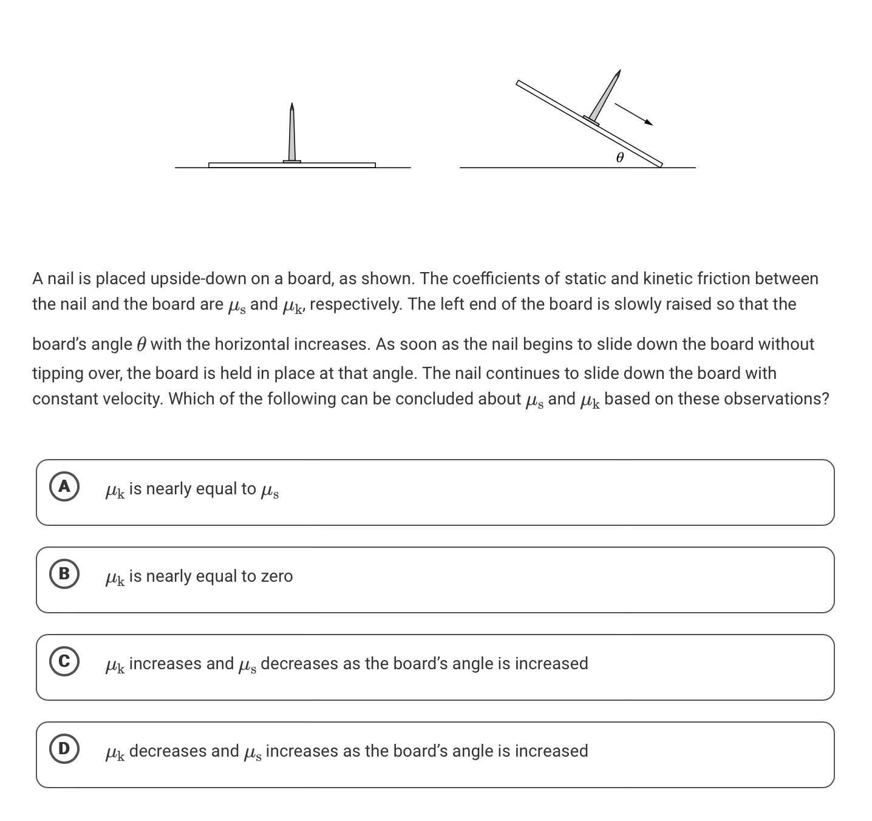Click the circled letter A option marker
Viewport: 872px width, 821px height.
(x=64, y=487)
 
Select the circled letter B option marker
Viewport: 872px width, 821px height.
(x=64, y=574)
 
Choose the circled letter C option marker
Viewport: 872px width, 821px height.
(x=64, y=662)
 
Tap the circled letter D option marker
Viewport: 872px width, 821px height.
(x=64, y=749)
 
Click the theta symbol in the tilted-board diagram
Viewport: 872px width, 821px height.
(x=619, y=158)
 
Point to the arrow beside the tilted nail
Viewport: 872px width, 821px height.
(x=633, y=114)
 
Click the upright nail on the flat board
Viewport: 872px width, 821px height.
(x=292, y=134)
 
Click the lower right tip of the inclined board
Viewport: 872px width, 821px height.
(x=661, y=165)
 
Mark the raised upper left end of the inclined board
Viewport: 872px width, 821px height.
(x=519, y=83)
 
